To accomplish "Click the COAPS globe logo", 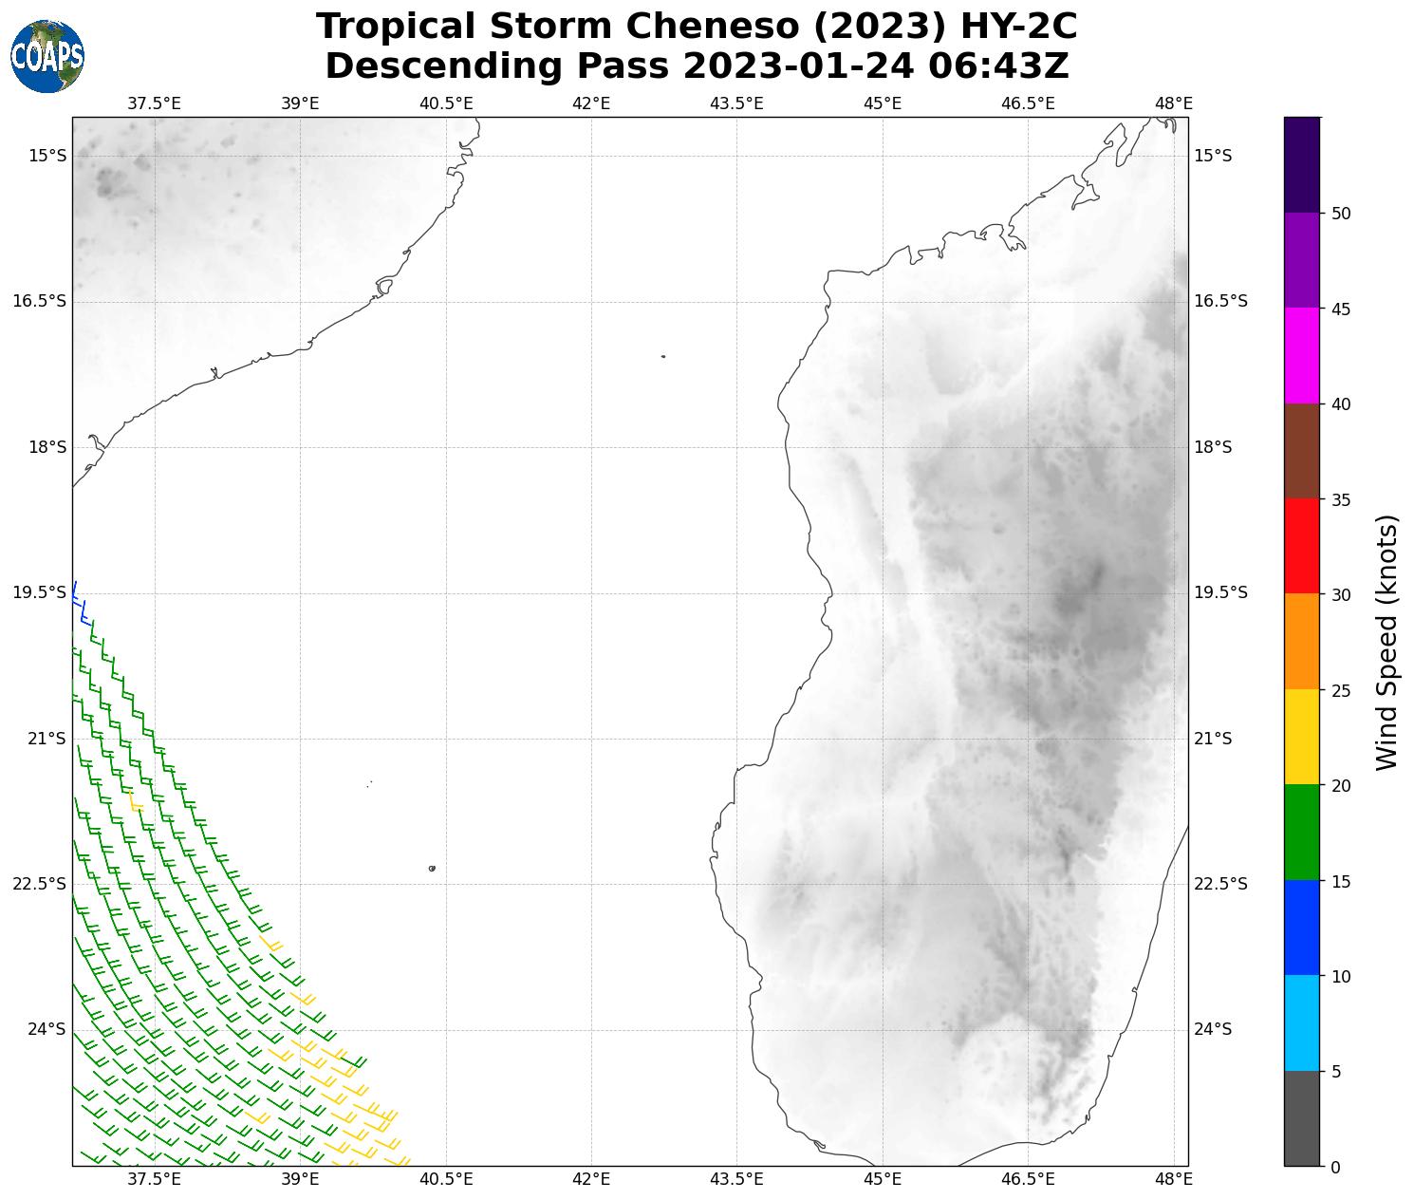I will click(x=47, y=57).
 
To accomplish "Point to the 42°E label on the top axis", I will click(x=591, y=103).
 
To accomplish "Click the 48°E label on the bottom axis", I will click(x=1174, y=1178).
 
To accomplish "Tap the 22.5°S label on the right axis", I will click(x=1220, y=884).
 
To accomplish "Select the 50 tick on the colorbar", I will click(x=1341, y=214).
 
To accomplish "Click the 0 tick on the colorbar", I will click(x=1335, y=1167).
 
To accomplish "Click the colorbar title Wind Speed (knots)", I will click(x=1387, y=643).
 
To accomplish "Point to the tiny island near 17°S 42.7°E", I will click(x=662, y=356).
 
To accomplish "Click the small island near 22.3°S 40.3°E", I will click(x=432, y=868).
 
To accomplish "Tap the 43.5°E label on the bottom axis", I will click(x=736, y=1178).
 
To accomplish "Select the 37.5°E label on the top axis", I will click(x=154, y=103).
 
